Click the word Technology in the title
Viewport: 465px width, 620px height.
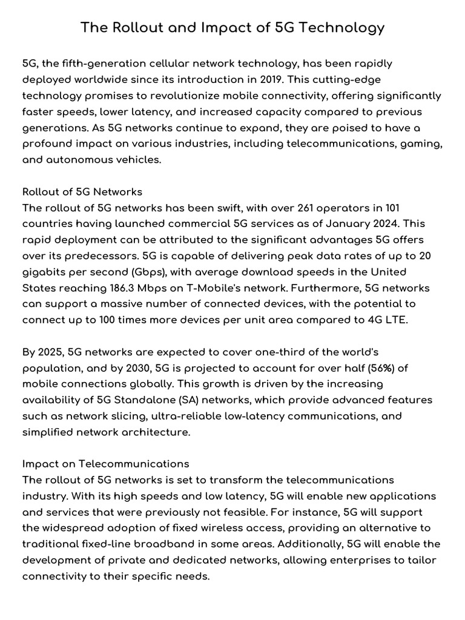tap(345, 28)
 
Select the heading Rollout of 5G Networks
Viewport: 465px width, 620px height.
tap(82, 192)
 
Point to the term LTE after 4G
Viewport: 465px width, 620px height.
tap(395, 320)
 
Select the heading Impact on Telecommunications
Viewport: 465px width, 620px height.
tap(106, 464)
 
